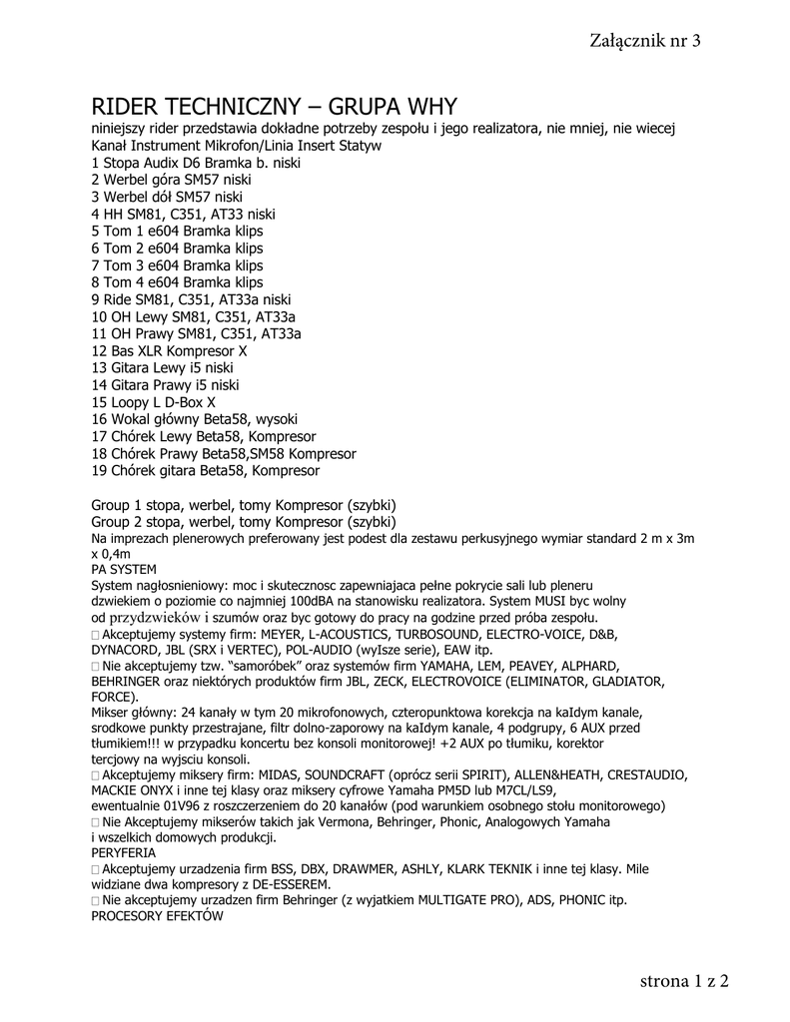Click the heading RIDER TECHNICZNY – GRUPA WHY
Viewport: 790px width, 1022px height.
(x=275, y=107)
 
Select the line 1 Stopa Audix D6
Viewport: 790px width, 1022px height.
(x=196, y=162)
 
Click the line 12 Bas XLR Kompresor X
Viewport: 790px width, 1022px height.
(x=169, y=350)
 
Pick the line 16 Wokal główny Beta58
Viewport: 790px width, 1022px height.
(x=195, y=419)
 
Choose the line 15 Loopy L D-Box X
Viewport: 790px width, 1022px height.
(x=153, y=402)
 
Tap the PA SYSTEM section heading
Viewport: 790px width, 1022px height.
(x=123, y=569)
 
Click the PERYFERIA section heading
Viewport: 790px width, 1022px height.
(x=123, y=854)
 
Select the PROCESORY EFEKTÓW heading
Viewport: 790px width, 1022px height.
(x=157, y=915)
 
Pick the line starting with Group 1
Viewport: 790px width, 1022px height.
(x=244, y=505)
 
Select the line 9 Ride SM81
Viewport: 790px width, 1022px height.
(x=191, y=298)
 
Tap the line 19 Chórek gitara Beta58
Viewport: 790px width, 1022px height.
(x=205, y=470)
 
